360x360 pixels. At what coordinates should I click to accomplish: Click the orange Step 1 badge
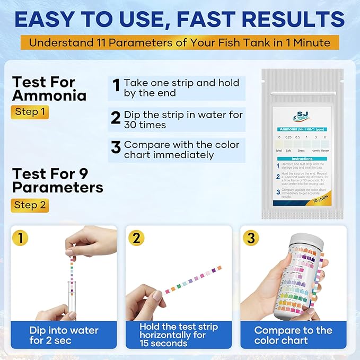point(30,112)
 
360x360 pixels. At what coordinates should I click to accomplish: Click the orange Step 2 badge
point(30,205)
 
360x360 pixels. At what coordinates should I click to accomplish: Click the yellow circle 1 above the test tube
point(20,238)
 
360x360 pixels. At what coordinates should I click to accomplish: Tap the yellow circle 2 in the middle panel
point(136,238)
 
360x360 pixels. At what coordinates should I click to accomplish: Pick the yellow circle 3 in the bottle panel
point(251,238)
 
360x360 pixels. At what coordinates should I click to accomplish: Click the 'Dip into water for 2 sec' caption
point(64,335)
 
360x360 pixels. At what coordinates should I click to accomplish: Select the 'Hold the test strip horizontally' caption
point(179,335)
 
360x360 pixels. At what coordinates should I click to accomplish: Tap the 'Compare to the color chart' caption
point(293,335)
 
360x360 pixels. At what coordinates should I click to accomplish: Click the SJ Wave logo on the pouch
point(300,117)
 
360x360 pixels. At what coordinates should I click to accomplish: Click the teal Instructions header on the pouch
point(302,159)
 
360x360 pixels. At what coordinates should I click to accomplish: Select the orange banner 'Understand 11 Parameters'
point(179,42)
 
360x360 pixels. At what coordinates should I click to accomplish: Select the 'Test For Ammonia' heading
point(49,89)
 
